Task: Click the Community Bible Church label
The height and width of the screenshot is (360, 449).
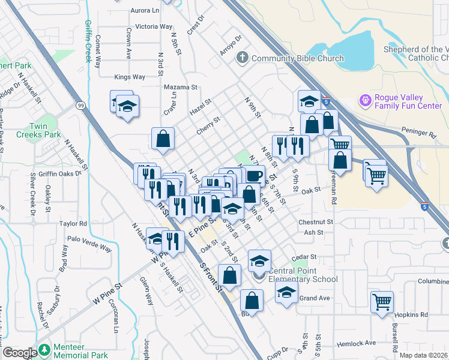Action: point(298,58)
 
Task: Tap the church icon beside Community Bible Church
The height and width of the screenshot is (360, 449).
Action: point(243,58)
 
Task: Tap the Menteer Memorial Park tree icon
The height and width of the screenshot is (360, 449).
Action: point(44,350)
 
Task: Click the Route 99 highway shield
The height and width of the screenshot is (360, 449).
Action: point(80,106)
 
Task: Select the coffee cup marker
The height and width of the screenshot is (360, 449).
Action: point(254,175)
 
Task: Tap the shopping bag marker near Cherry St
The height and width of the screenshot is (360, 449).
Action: point(163,139)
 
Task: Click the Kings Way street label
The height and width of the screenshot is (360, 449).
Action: point(130,77)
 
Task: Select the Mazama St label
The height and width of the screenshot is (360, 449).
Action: point(181,87)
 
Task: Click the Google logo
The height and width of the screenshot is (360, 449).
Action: point(20,353)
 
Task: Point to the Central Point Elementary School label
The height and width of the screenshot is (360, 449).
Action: point(304,275)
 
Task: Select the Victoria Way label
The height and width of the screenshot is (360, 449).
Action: point(154,26)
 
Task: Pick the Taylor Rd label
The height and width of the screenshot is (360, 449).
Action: point(73,223)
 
